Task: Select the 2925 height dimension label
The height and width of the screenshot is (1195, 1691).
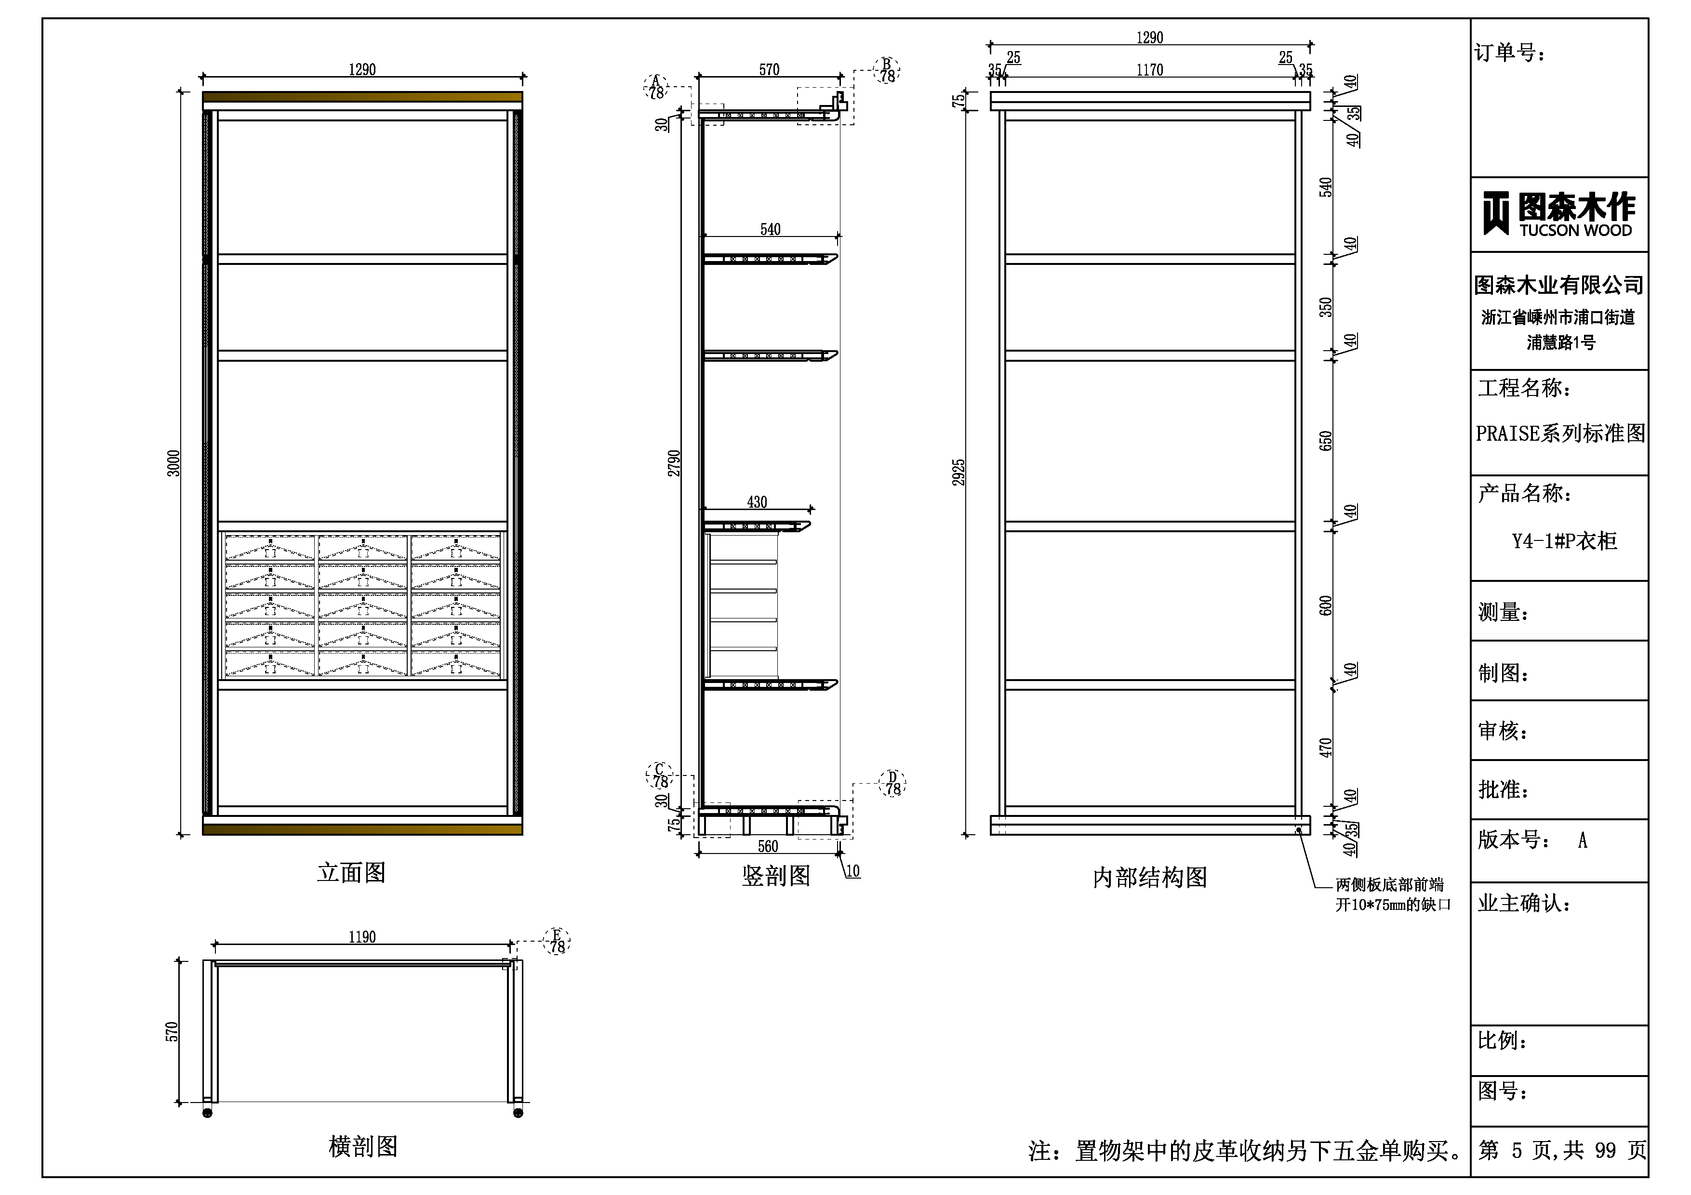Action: coord(958,472)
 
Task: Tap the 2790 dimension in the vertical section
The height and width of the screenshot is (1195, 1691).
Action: coord(674,463)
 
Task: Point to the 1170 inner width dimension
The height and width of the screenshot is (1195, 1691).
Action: coord(1150,70)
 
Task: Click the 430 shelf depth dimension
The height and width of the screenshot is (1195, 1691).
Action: coord(757,502)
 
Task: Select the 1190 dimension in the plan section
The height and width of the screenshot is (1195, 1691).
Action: coord(362,936)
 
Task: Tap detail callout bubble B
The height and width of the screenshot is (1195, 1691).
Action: coord(888,70)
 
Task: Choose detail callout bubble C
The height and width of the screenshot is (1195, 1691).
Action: coord(660,776)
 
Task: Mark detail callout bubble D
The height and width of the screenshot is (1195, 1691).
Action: coord(892,783)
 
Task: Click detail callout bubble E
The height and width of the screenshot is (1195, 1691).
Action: coord(557,941)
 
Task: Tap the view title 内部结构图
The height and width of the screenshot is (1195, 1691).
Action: coord(1150,877)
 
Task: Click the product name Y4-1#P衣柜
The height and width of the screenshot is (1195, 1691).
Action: coord(1564,541)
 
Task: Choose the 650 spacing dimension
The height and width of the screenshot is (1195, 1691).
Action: coord(1326,441)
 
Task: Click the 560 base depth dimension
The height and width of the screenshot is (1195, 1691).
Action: coord(768,846)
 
